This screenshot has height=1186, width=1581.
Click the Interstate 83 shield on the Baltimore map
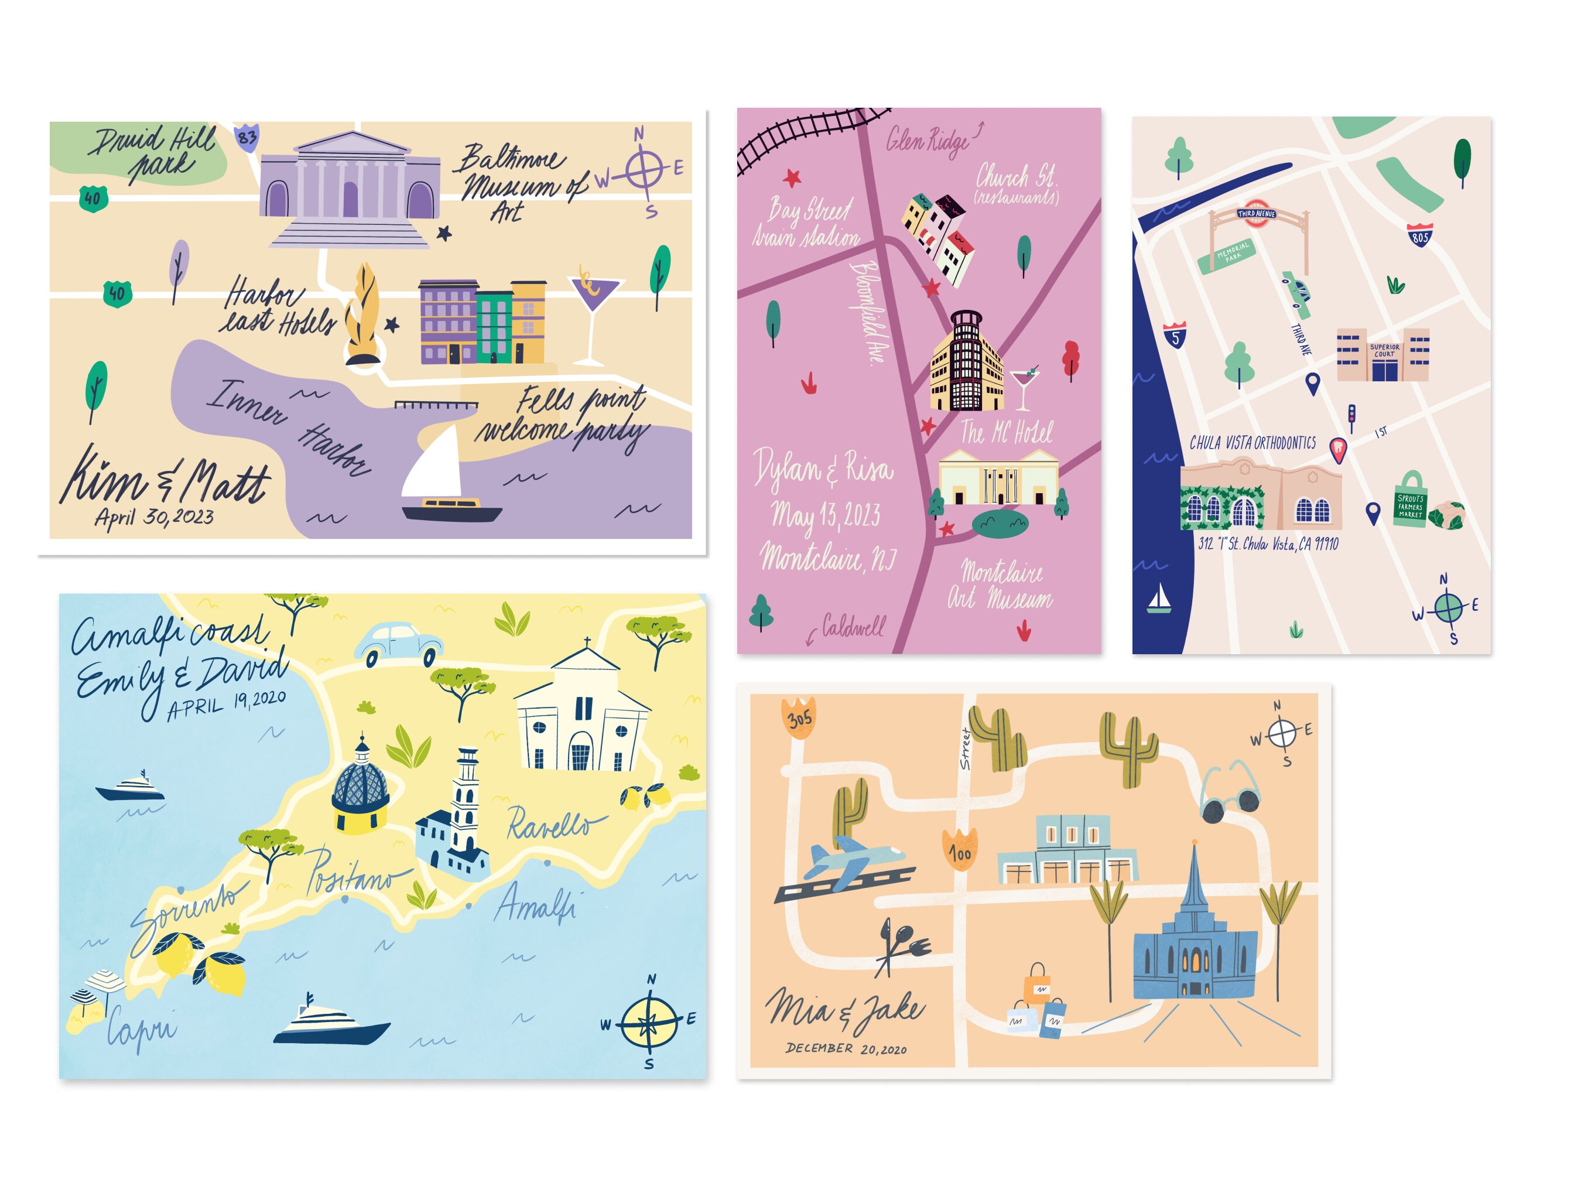click(247, 136)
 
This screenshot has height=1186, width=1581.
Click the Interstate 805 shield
click(1419, 235)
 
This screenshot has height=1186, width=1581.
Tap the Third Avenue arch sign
click(1257, 214)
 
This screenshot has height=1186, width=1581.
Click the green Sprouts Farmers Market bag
click(1410, 501)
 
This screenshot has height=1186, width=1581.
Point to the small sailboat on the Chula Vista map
click(1159, 599)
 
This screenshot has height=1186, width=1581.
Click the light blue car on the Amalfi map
click(399, 642)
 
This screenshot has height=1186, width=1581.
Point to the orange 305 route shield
click(799, 716)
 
